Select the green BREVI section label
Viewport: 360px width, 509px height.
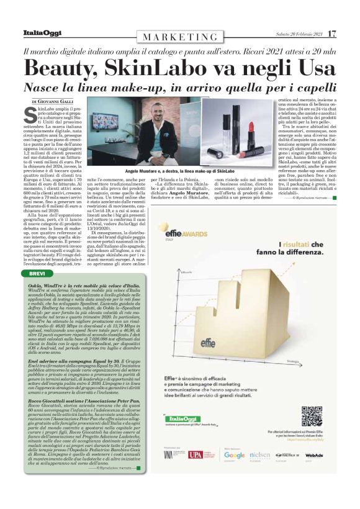point(37,274)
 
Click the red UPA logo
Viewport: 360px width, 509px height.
point(195,455)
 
